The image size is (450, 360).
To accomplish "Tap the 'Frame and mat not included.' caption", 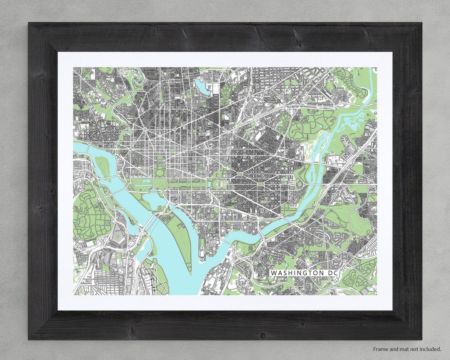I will pyautogui.click(x=407, y=349).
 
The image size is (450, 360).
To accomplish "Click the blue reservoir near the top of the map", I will pyautogui.click(x=201, y=86).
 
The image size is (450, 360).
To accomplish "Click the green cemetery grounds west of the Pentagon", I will pyautogui.click(x=90, y=212).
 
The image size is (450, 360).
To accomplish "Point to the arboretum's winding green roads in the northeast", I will pyautogui.click(x=308, y=125).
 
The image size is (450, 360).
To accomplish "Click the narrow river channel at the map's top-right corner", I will pyautogui.click(x=369, y=83).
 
